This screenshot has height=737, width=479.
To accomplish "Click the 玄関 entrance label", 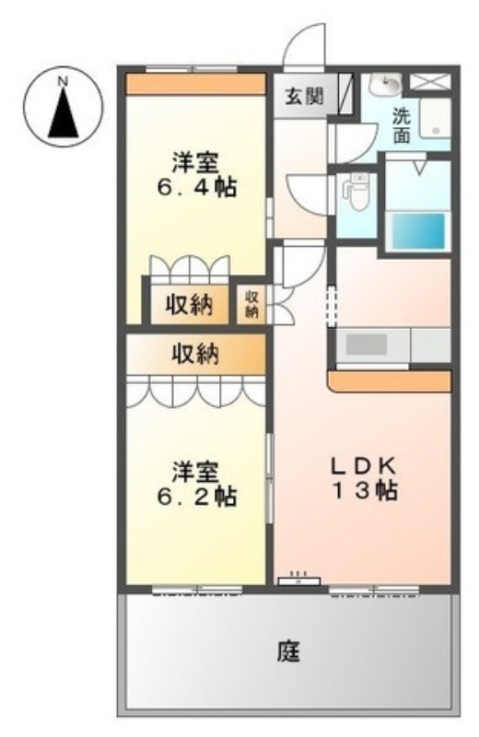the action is (x=305, y=97).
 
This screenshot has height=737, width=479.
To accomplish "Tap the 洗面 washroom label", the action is (x=402, y=125).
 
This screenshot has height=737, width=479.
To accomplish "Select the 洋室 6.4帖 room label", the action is (x=195, y=174).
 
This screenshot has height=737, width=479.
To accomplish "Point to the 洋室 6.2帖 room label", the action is (x=196, y=485).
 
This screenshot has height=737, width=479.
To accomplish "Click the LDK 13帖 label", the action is (x=364, y=478).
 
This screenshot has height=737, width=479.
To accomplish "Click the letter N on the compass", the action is (x=62, y=81).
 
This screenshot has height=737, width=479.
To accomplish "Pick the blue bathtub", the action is (x=418, y=231).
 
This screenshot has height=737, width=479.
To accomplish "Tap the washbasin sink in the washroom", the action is (x=384, y=85).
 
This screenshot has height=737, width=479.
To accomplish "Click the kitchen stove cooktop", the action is (x=368, y=345).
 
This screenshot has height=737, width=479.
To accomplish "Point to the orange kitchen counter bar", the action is (x=391, y=381).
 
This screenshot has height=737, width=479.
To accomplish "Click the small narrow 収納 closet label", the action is (x=251, y=304).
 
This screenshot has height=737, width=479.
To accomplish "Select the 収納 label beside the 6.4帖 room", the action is (x=189, y=305).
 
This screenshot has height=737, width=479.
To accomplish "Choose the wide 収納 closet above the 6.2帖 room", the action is (x=195, y=354).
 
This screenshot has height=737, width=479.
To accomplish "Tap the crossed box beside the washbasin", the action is (x=430, y=82).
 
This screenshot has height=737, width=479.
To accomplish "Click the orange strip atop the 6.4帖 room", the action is (x=196, y=84).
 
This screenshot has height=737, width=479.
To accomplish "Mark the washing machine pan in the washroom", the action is (x=436, y=118).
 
